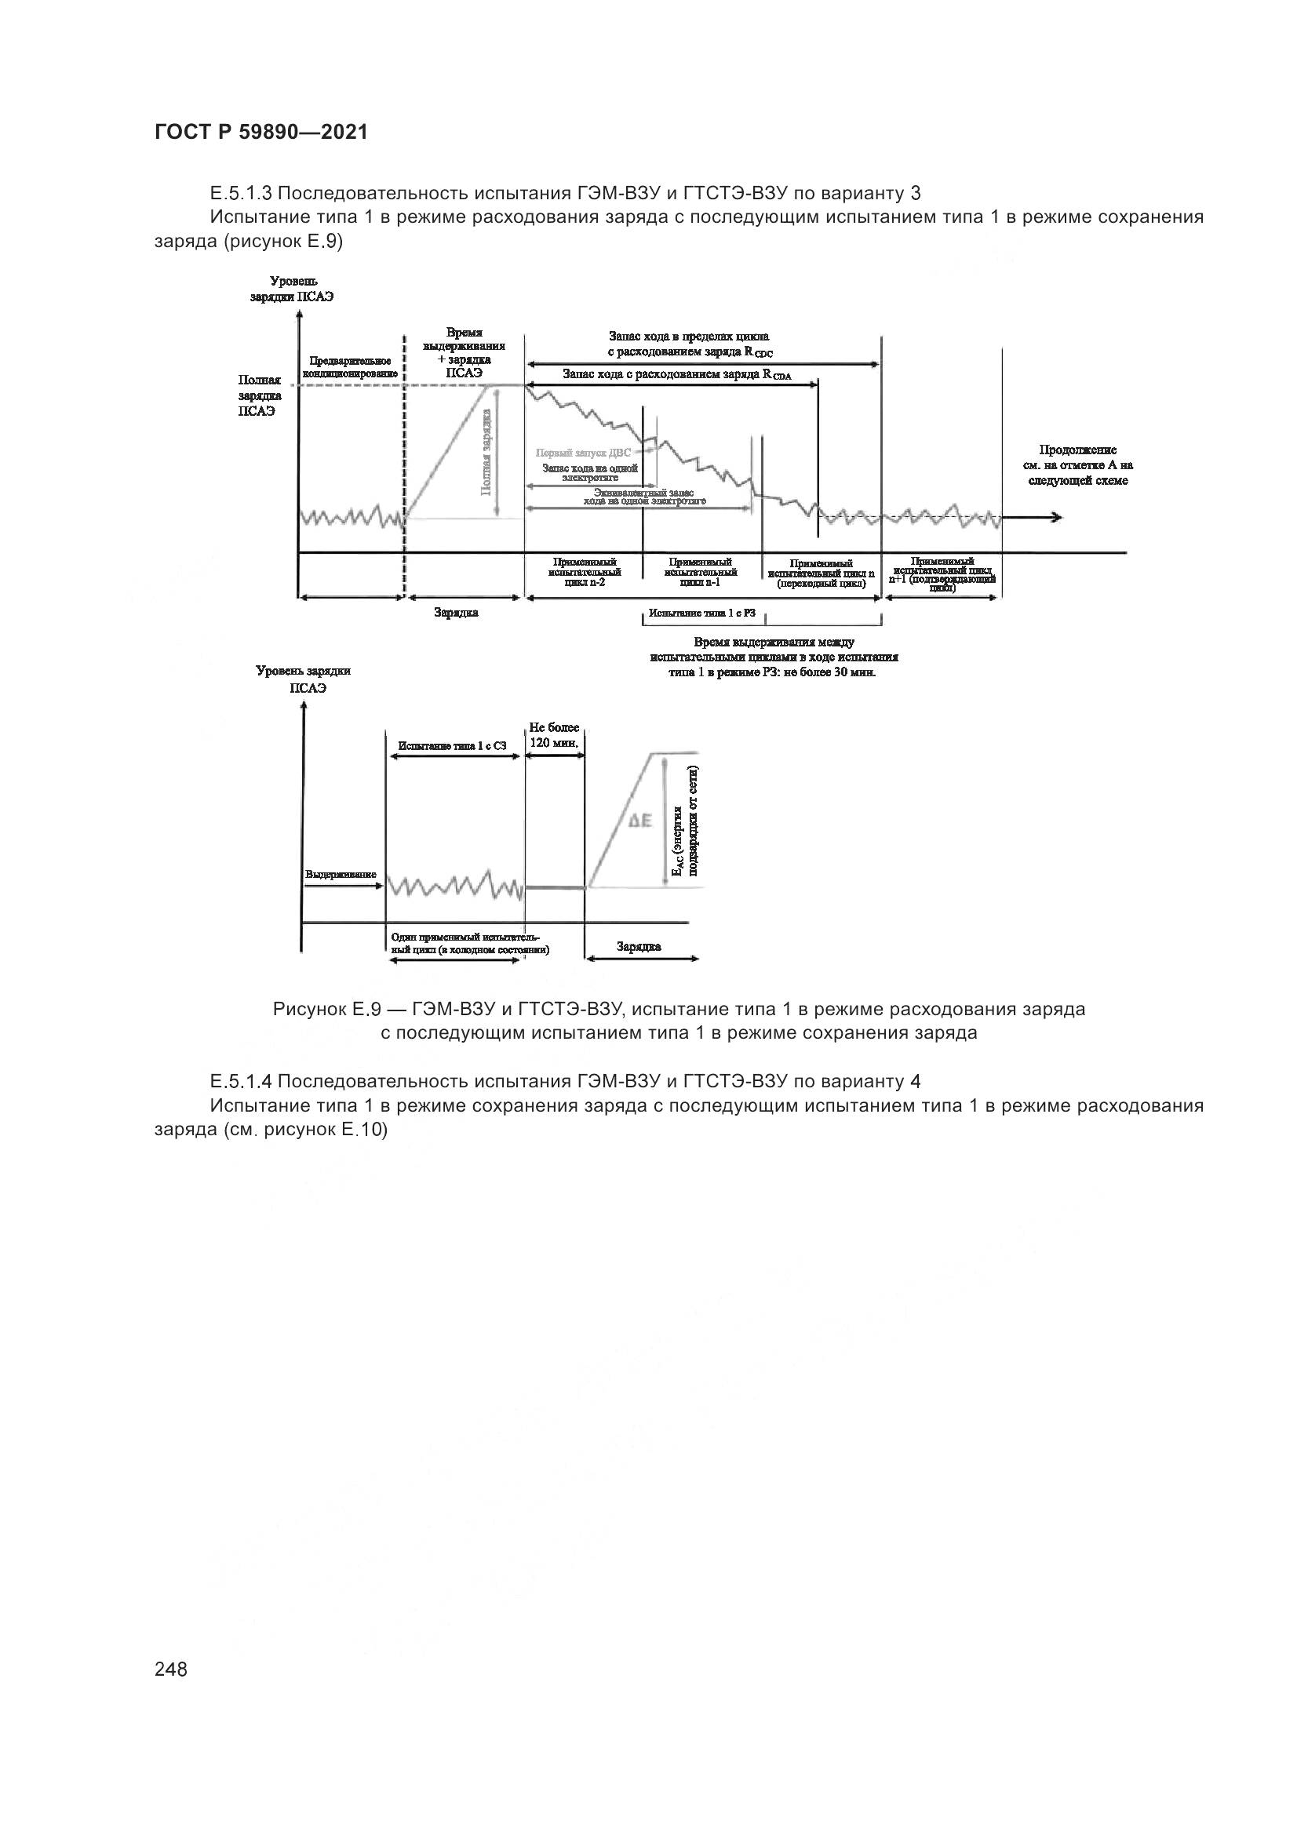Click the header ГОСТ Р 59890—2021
pyautogui.click(x=261, y=133)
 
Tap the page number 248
pyautogui.click(x=171, y=1669)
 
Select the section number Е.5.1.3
pyautogui.click(x=242, y=193)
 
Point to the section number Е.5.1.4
pyautogui.click(x=242, y=1081)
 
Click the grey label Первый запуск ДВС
pyautogui.click(x=582, y=453)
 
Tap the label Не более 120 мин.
pyautogui.click(x=554, y=735)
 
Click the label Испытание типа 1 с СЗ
pyautogui.click(x=452, y=745)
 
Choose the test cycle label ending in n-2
pyautogui.click(x=585, y=572)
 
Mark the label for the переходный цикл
pyautogui.click(x=821, y=573)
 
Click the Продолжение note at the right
pyautogui.click(x=1078, y=465)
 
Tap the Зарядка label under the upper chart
pyautogui.click(x=457, y=612)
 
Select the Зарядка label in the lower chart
pyautogui.click(x=639, y=947)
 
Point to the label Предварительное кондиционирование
pyautogui.click(x=349, y=368)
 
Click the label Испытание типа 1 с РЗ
pyautogui.click(x=701, y=613)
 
